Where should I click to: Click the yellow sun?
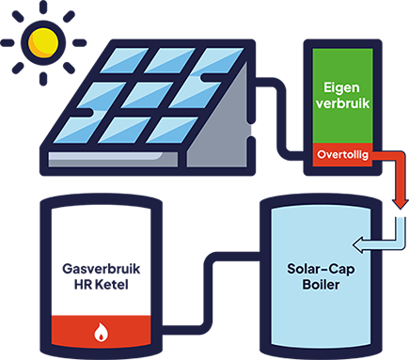(43, 42)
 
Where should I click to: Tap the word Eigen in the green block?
(342, 84)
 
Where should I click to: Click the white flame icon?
(100, 331)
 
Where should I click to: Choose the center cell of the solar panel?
(146, 94)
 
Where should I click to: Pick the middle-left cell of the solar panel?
(101, 94)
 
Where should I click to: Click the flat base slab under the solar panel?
(113, 159)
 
